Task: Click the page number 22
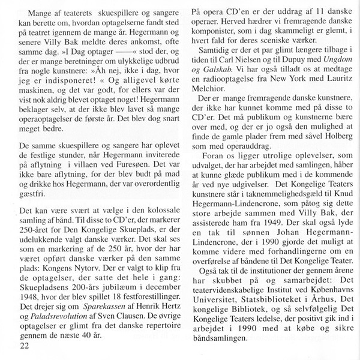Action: [25, 347]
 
